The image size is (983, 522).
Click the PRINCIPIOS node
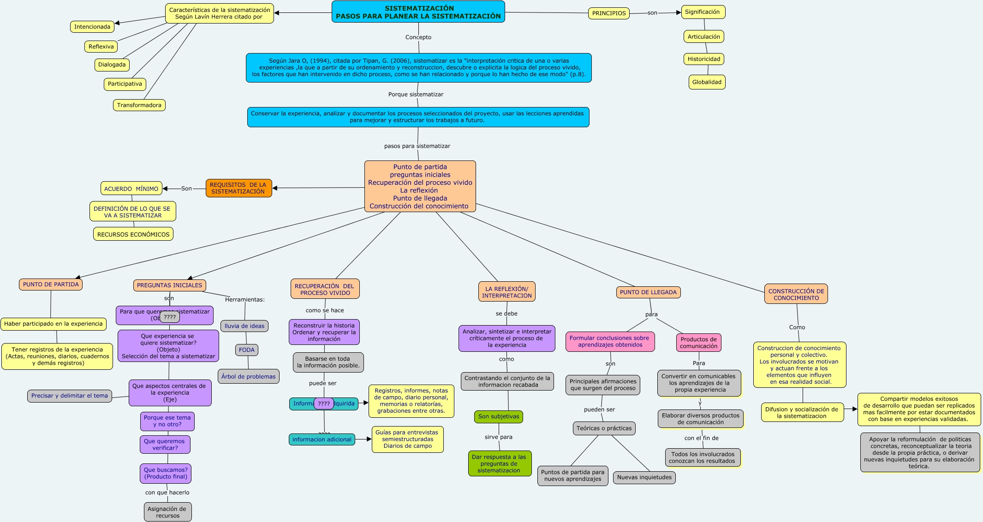(x=608, y=13)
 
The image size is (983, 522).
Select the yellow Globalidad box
(x=707, y=82)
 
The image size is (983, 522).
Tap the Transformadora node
(x=139, y=105)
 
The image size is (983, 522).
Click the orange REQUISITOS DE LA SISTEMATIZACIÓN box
(x=238, y=188)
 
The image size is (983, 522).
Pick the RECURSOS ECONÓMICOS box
(x=133, y=234)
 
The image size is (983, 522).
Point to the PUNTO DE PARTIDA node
(x=51, y=285)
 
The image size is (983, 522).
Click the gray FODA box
(x=247, y=350)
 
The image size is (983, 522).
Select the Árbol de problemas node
(x=248, y=376)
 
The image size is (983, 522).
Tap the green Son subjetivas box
(x=498, y=416)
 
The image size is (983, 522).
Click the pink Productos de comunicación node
(x=698, y=343)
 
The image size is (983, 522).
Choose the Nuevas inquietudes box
(x=644, y=477)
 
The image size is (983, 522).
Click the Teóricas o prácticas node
(x=604, y=428)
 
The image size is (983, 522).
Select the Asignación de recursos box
(x=167, y=512)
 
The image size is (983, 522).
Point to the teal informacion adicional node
(x=322, y=439)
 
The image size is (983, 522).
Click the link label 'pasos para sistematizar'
(x=417, y=146)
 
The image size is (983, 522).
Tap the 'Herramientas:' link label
(x=244, y=300)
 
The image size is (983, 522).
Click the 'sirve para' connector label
(x=498, y=437)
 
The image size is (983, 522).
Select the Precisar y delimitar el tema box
(x=69, y=396)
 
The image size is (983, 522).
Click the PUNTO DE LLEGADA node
(x=648, y=292)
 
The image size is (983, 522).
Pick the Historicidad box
(x=703, y=59)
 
